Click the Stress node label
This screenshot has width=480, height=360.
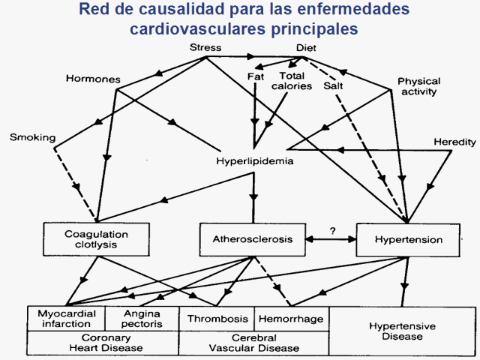[205, 48]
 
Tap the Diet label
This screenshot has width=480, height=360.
[307, 48]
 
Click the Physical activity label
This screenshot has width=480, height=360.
[418, 86]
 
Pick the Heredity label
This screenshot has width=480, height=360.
[454, 142]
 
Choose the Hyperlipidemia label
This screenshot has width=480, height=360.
[253, 161]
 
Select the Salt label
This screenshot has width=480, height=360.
[334, 86]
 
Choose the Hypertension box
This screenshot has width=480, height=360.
[409, 240]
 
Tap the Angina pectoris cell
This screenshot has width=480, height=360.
[142, 319]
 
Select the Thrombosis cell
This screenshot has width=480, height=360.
[217, 319]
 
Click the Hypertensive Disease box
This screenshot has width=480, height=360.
[402, 331]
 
